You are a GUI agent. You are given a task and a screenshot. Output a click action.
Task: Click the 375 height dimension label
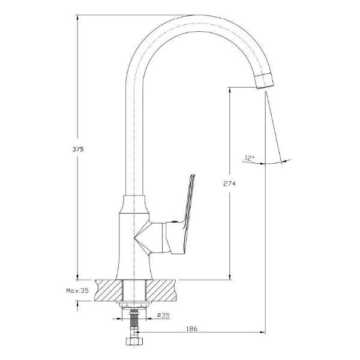point(78,149)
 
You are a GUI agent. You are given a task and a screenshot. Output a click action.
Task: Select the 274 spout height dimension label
point(229,184)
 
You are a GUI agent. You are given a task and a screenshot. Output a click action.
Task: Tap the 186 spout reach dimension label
point(192,329)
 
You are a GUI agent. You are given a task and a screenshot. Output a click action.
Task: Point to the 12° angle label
point(250,158)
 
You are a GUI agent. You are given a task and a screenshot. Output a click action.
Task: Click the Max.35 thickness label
point(77,290)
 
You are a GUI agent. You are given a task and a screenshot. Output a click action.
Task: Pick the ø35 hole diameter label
point(163,315)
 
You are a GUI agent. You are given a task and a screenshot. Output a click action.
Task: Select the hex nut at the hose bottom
point(133,341)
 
